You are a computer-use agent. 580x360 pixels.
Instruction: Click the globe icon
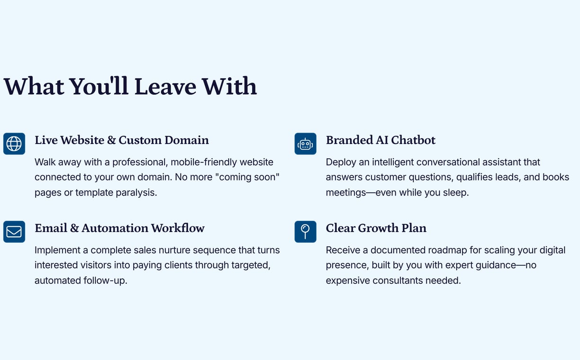(x=14, y=144)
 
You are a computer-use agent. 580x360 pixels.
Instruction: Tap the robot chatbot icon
(x=305, y=144)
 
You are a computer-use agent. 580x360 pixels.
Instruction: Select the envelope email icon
(x=14, y=232)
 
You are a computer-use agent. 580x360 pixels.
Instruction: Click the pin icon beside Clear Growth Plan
(x=305, y=232)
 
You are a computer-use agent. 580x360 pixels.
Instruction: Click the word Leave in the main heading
(x=165, y=86)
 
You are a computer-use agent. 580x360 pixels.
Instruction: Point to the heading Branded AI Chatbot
(x=381, y=140)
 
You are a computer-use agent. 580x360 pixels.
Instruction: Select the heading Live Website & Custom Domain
(x=122, y=140)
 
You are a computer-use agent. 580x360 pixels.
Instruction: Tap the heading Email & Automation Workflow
(x=119, y=228)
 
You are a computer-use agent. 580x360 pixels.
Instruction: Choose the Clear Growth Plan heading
(x=376, y=228)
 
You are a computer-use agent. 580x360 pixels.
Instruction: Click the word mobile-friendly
(x=204, y=162)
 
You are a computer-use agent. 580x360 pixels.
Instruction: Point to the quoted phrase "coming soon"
(x=247, y=177)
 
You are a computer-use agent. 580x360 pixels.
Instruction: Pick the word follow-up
(x=105, y=280)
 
